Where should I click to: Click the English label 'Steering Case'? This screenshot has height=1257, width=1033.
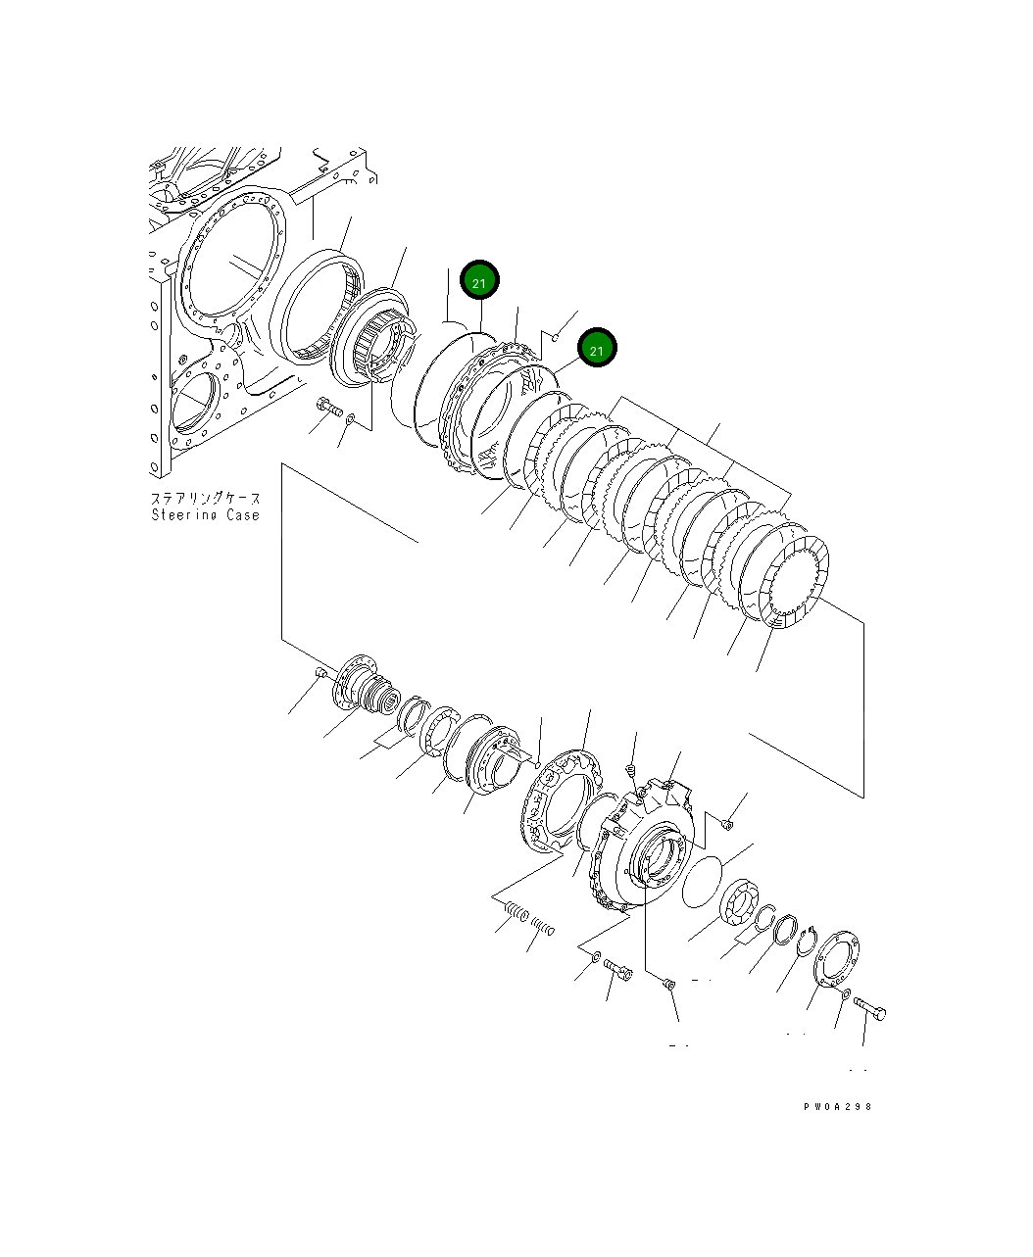pos(205,515)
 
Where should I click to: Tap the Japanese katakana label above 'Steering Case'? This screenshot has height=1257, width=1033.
pos(205,499)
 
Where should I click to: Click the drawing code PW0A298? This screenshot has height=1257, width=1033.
pos(836,1106)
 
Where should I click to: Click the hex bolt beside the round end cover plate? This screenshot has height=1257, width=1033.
pos(869,1008)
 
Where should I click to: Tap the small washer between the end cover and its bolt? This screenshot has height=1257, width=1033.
pos(843,995)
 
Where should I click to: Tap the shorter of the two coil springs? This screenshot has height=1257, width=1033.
pos(543,926)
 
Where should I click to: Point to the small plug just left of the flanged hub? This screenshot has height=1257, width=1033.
pos(320,672)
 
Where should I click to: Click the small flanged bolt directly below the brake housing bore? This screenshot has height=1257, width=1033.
pos(668,983)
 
